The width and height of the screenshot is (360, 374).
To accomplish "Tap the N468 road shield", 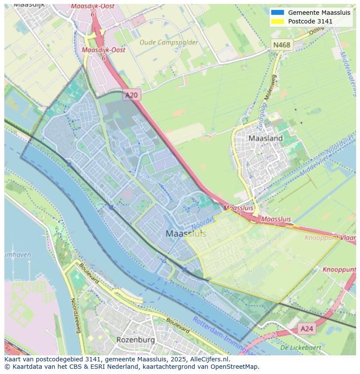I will tap(282, 45).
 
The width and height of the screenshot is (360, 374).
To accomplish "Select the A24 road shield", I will tap(307, 329).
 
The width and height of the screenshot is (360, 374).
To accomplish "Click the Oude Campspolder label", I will tap(168, 43).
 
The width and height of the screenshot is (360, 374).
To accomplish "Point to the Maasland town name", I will tap(265, 138).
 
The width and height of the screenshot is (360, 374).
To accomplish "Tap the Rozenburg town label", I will tap(136, 339).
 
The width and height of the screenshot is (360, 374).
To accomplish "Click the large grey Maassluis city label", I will tap(186, 234).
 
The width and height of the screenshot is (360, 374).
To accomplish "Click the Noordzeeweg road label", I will tap(75, 315).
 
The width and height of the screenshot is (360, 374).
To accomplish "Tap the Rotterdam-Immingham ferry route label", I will tap(222, 335).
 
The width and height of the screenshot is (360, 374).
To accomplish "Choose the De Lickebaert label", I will tap(300, 348).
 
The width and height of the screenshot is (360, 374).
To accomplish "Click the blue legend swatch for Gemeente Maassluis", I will tap(277, 13).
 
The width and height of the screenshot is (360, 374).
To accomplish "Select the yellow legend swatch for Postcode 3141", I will tap(277, 21).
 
